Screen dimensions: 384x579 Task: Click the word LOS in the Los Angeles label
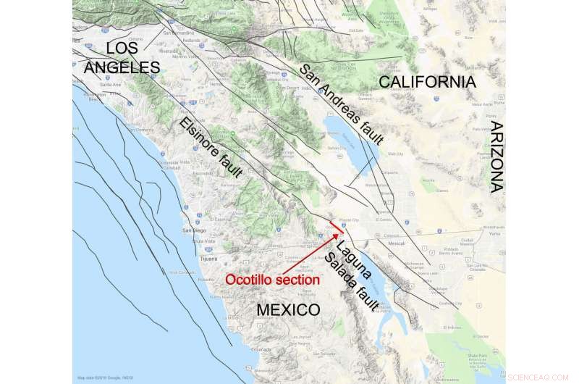point(121,48)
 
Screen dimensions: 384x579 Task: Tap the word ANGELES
point(122,67)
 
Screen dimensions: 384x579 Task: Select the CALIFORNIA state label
point(428,82)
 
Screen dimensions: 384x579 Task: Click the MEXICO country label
point(288,310)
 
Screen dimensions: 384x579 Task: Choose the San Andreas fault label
point(341,105)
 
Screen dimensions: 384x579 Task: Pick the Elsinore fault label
point(211,148)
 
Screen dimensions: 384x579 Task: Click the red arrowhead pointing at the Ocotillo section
point(334,235)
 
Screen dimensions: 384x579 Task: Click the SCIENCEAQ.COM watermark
point(539,376)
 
